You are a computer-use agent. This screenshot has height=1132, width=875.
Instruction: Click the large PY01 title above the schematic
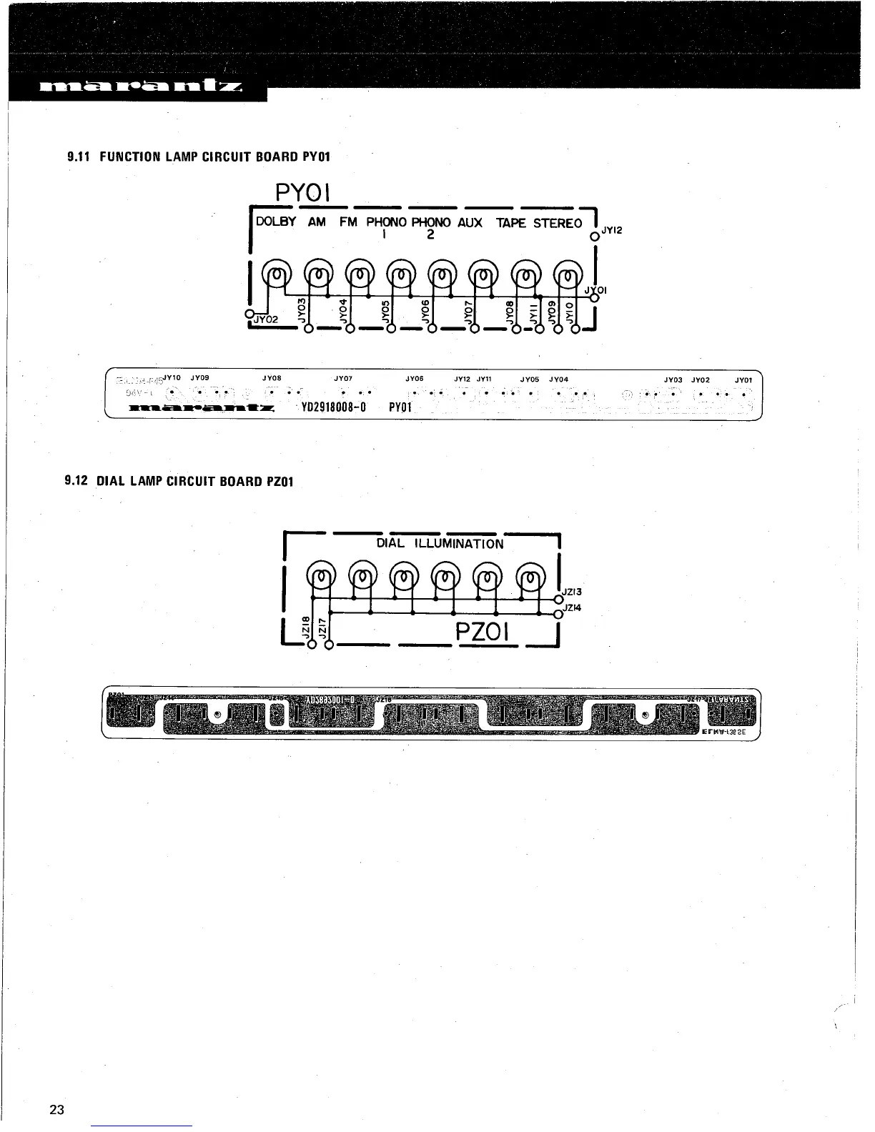coord(302,192)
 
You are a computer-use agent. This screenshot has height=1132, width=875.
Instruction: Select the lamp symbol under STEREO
coord(568,273)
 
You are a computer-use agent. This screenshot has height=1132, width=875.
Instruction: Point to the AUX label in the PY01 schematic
coord(470,222)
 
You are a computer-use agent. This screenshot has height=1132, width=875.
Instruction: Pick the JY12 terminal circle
coord(593,237)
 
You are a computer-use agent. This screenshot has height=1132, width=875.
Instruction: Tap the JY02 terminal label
coord(267,319)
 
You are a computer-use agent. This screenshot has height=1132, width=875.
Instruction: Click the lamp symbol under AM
coord(317,273)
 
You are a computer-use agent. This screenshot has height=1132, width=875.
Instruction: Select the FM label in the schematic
coord(348,222)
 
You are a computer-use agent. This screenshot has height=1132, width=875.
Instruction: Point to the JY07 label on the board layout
coord(343,379)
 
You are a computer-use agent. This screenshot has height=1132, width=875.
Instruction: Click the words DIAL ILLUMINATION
coord(440,543)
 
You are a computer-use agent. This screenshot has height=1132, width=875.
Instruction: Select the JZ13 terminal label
coord(573,592)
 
